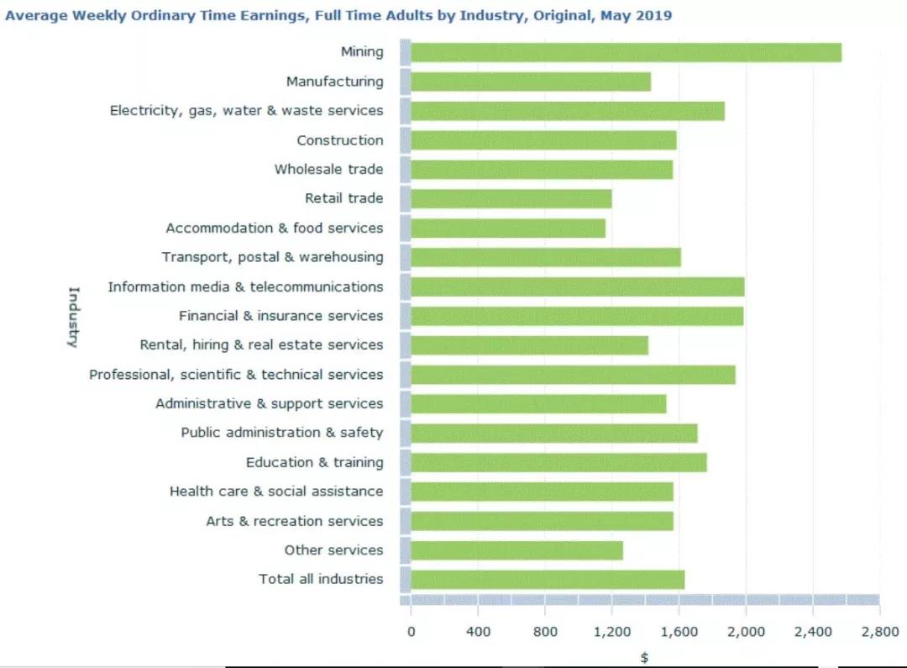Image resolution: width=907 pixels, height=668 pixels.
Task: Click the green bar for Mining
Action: click(626, 52)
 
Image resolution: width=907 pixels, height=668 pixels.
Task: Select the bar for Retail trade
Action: click(511, 198)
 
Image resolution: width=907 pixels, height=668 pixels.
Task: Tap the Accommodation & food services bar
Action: click(507, 228)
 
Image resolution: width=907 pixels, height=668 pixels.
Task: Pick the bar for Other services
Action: click(516, 550)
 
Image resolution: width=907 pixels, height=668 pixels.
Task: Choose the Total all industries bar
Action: click(547, 579)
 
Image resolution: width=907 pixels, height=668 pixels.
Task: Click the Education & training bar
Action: click(558, 462)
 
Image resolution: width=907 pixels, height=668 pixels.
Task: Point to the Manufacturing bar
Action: click(530, 82)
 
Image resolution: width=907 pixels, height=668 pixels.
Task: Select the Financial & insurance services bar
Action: click(577, 316)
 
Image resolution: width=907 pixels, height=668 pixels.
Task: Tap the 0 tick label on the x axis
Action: click(411, 632)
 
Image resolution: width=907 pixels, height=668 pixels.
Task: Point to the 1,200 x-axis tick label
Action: click(611, 632)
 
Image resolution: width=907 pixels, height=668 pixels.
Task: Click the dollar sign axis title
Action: click(644, 657)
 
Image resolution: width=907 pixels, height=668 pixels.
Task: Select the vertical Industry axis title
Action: click(73, 317)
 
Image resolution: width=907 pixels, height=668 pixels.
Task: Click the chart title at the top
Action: click(338, 15)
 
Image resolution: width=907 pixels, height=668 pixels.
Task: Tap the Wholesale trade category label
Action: click(328, 169)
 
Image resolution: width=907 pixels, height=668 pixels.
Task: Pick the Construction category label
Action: click(339, 140)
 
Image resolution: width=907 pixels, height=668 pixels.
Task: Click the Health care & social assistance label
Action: click(276, 492)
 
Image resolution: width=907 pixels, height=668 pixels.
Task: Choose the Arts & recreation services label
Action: click(294, 521)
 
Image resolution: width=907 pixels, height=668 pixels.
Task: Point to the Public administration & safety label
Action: click(281, 433)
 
